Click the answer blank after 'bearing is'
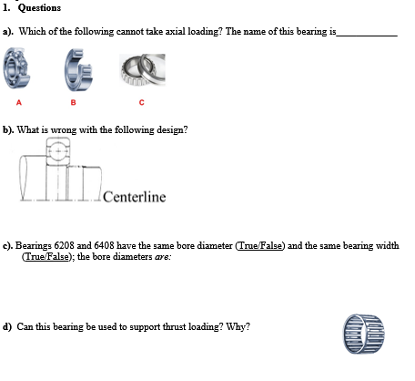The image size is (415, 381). pyautogui.click(x=367, y=33)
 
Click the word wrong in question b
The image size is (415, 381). pyautogui.click(x=68, y=129)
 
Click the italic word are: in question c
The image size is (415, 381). pyautogui.click(x=157, y=257)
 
